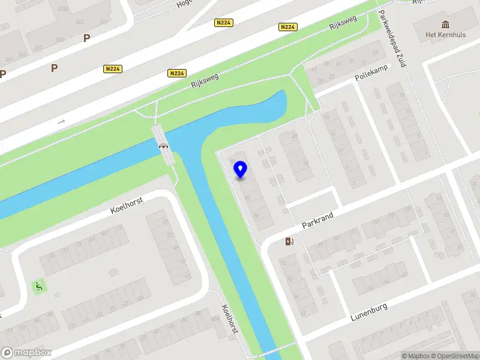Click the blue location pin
coord(241,170)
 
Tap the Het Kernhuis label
coord(445,34)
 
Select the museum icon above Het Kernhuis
coord(445,23)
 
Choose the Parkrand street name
coord(317,219)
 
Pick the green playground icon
coord(39,286)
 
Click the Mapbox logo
coord(26,352)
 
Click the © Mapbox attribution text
coord(416,356)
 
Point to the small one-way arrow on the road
coord(61,122)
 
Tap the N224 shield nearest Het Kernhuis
coord(288,27)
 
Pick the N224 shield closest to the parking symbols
coord(112,69)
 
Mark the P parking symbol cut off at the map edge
coord(2,74)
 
